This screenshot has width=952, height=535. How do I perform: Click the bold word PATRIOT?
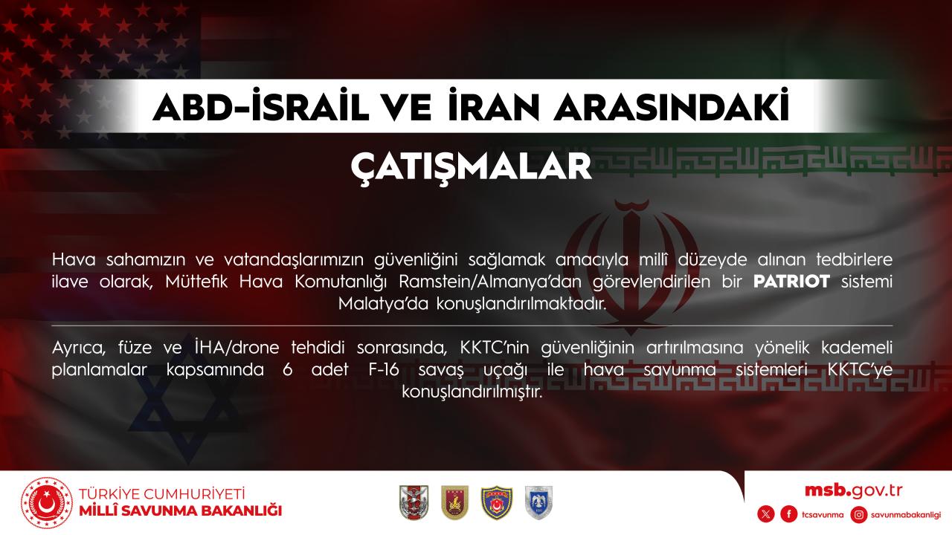[791, 282]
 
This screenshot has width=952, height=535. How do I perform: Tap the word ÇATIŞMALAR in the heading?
[472, 167]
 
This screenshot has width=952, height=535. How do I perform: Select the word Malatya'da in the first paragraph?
[383, 304]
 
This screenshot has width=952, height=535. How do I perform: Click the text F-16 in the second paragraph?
[384, 369]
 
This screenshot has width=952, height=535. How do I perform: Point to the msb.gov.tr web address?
[853, 491]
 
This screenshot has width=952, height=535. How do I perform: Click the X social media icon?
[766, 515]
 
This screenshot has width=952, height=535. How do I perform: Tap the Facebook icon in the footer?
[789, 515]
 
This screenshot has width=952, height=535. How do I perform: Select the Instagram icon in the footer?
[859, 515]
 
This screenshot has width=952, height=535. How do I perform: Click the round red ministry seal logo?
[47, 503]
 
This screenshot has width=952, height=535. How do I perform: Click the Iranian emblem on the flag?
[631, 267]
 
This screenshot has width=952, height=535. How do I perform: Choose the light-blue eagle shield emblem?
[538, 503]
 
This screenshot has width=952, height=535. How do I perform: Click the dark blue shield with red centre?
[497, 503]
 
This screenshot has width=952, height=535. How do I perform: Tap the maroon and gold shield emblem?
[454, 503]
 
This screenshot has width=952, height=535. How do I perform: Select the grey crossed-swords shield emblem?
[414, 503]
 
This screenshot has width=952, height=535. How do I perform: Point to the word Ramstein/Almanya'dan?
[490, 282]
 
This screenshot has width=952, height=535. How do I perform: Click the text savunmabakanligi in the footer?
[906, 515]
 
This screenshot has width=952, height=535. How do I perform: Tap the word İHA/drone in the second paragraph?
[237, 347]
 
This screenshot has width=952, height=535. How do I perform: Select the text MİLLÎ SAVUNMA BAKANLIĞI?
[181, 510]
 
